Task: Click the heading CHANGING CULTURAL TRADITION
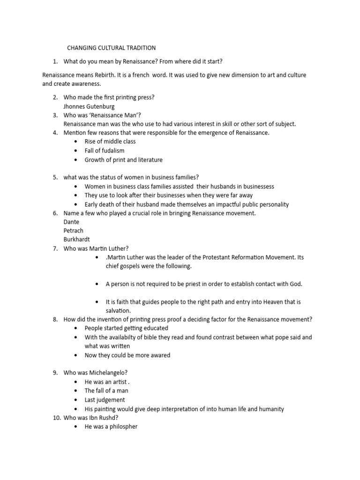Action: [x=112, y=48]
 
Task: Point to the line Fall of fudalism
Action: [x=105, y=150]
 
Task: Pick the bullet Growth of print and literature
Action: [x=123, y=160]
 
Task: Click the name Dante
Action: [x=71, y=222]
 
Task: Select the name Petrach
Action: [x=73, y=231]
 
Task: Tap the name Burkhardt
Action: [x=77, y=240]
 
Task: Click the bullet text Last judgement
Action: [x=105, y=400]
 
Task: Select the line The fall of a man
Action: [x=106, y=390]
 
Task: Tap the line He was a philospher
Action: [x=111, y=427]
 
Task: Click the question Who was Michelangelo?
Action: [x=96, y=373]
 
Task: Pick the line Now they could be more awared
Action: [x=127, y=355]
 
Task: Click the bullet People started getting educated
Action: [x=126, y=328]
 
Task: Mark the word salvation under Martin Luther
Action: [x=118, y=310]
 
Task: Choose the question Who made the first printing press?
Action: [x=109, y=97]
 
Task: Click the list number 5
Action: [x=55, y=177]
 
